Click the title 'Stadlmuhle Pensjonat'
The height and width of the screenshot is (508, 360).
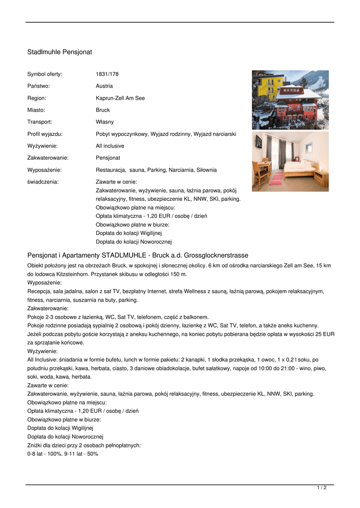point(60,52)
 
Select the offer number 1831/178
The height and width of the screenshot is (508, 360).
point(107,74)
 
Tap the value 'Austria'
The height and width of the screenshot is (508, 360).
point(104,86)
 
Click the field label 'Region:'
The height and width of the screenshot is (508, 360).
point(37,98)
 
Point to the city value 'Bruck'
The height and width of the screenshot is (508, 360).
point(103,110)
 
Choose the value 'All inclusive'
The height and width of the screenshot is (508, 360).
point(110,146)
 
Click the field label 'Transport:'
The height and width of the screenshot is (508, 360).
point(40,122)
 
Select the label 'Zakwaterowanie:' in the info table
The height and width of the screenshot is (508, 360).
point(48,158)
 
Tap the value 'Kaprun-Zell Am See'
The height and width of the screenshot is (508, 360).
point(120,98)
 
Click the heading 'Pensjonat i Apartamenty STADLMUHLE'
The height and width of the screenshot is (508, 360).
point(138,255)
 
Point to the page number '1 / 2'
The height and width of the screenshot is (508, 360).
point(322,488)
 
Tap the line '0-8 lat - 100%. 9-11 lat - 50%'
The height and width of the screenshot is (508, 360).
point(63,453)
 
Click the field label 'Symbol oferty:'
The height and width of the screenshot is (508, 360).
point(45,74)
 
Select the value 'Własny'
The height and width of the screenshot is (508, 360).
point(105,122)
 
